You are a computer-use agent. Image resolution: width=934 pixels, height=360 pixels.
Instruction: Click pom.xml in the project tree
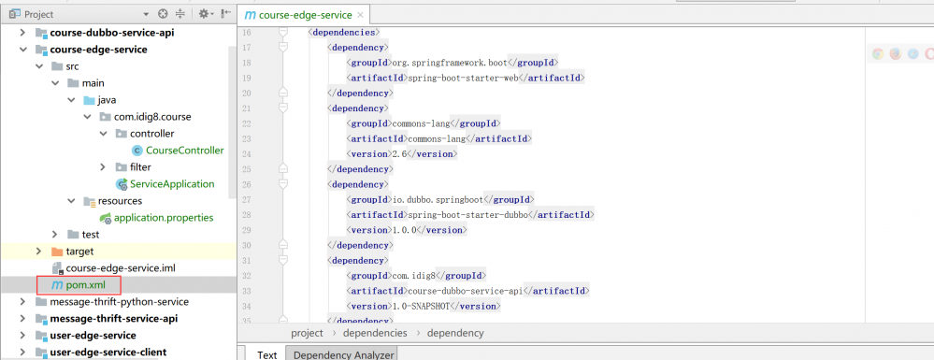[79, 284]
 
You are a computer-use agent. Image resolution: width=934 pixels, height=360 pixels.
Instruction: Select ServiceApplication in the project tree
[172, 183]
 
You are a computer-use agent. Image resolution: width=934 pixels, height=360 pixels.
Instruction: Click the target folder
[79, 251]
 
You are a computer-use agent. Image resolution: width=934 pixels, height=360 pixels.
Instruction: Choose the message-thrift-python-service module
[119, 301]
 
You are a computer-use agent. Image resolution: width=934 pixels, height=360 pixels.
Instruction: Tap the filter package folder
[139, 166]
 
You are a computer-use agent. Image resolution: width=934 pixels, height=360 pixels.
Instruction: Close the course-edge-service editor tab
[361, 15]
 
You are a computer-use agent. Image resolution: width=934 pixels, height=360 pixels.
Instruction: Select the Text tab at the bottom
[267, 354]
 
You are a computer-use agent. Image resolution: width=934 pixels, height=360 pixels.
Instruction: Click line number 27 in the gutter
[247, 199]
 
